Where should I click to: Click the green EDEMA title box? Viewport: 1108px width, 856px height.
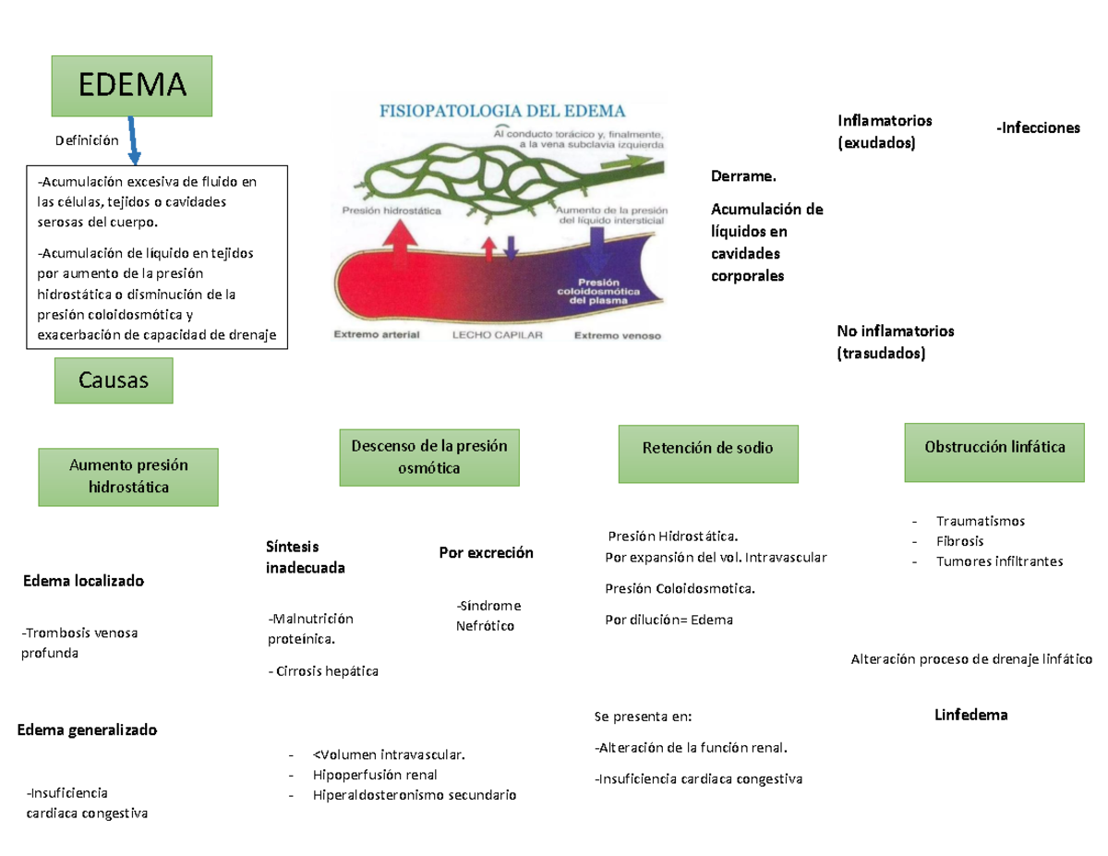pos(132,86)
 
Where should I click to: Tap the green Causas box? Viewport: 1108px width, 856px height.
pos(114,381)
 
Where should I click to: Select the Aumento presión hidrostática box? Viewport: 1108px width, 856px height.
pos(128,476)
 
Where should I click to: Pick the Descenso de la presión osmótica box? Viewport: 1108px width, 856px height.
pos(428,457)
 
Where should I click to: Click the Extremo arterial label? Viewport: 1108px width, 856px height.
pos(376,336)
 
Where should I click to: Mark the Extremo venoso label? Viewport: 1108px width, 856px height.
pos(618,336)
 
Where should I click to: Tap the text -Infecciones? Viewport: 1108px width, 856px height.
pos(1037,128)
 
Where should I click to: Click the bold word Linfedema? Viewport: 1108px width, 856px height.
pos(970,715)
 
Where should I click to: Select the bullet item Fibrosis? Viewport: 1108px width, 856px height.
pos(959,541)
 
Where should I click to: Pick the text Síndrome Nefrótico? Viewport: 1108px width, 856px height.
pos(487,616)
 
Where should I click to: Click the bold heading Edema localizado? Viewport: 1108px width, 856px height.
pos(83,582)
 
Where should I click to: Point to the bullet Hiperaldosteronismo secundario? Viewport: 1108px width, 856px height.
pos(415,795)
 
